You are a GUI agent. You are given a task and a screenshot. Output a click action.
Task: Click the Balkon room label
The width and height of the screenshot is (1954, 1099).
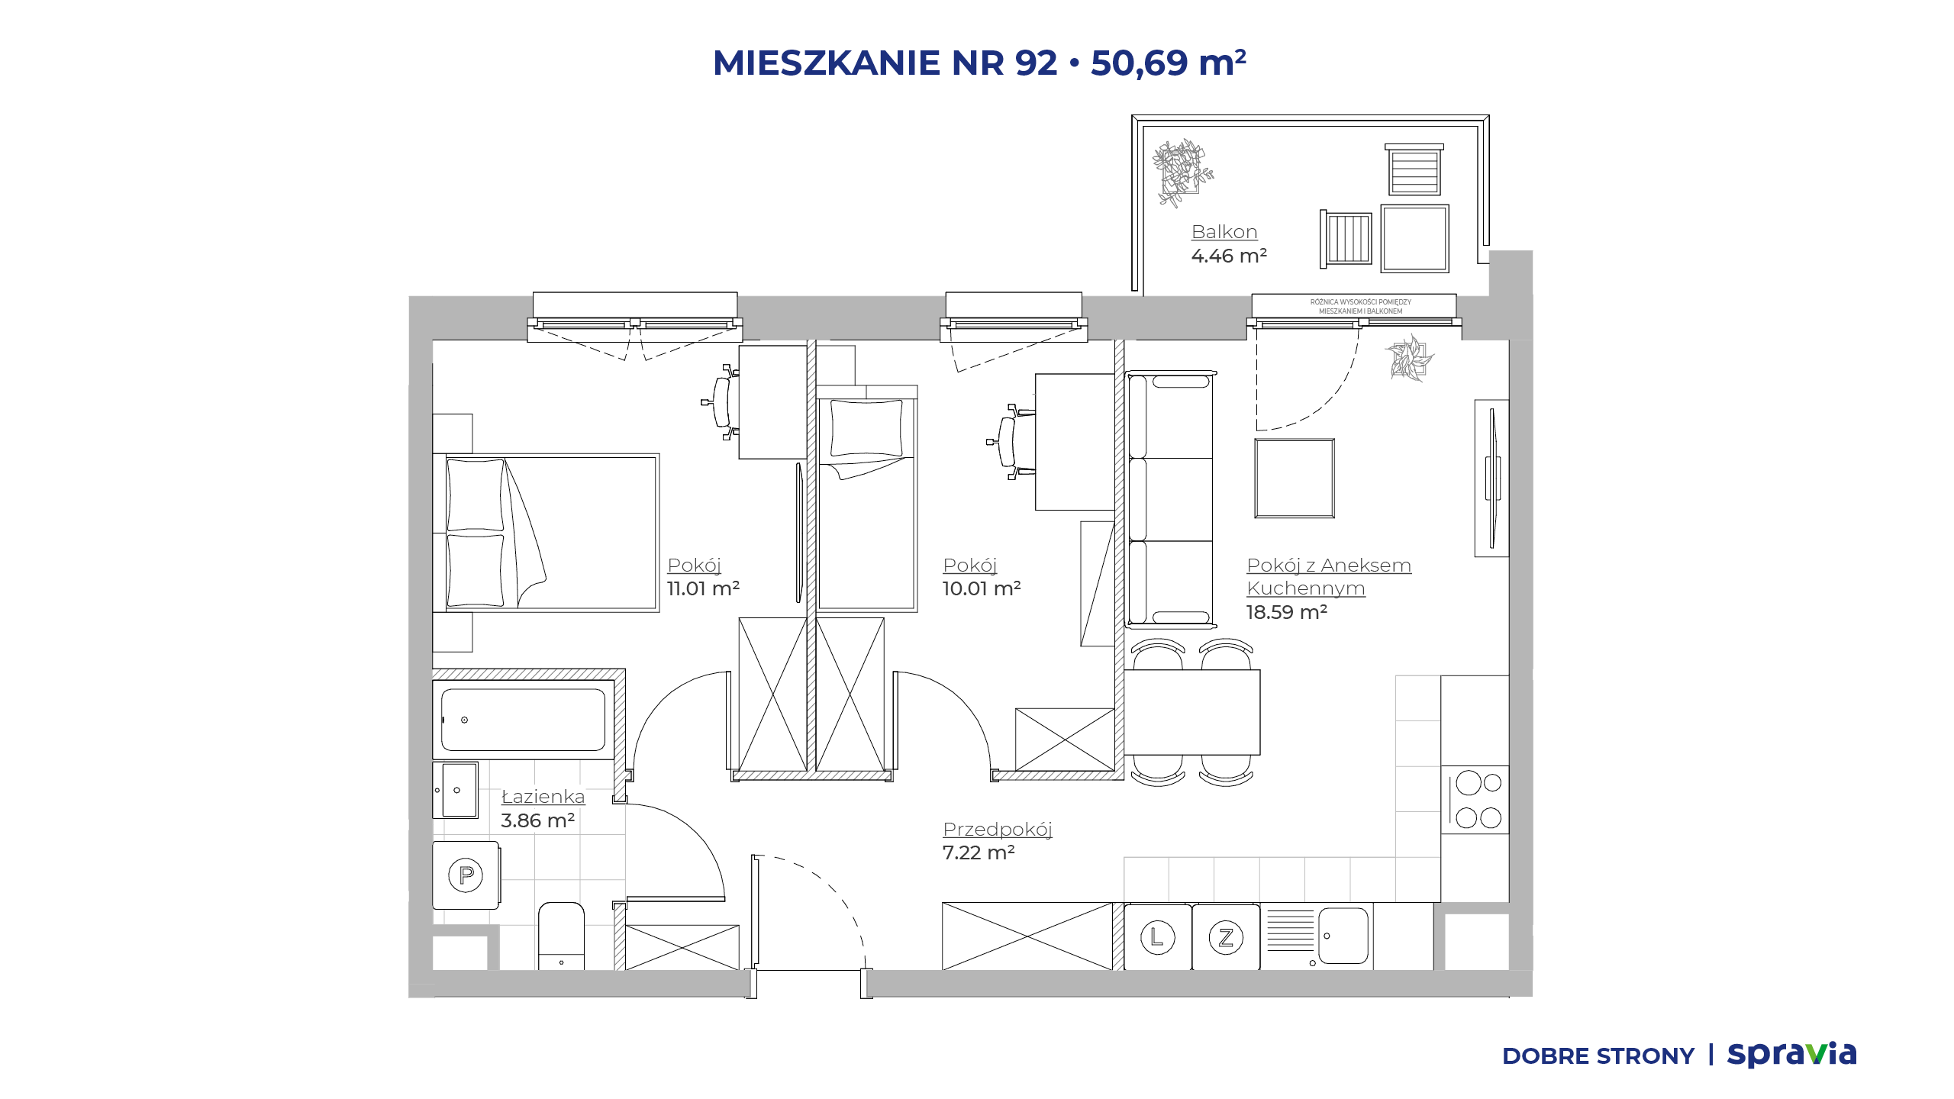(1224, 232)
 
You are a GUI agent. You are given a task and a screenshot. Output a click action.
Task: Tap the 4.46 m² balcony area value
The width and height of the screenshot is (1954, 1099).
(1229, 256)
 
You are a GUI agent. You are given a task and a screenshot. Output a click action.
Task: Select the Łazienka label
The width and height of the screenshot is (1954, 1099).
(543, 796)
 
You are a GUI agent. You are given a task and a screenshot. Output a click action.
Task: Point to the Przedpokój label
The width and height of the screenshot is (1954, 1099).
(998, 830)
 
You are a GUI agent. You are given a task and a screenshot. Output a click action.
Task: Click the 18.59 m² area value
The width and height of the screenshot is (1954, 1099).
(1287, 612)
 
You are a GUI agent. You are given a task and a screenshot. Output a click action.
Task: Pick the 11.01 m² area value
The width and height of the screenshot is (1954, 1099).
(703, 588)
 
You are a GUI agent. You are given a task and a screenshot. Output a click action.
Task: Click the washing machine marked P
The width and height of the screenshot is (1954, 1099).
(466, 875)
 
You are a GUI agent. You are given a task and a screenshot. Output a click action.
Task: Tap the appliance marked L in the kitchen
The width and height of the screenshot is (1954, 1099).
(1157, 937)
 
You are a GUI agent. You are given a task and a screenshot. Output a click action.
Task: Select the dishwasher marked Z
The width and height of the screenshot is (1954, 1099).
(1226, 937)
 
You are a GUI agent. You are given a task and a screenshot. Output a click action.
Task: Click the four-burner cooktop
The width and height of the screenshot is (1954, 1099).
(1475, 800)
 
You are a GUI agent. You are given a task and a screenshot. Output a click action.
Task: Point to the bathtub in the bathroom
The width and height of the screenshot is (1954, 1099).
(524, 720)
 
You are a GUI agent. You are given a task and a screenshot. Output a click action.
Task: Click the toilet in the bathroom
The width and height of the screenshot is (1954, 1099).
(561, 936)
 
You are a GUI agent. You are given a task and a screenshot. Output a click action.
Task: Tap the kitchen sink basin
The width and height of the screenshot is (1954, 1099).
(1343, 936)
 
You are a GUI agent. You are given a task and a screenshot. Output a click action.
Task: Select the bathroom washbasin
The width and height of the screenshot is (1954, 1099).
(456, 790)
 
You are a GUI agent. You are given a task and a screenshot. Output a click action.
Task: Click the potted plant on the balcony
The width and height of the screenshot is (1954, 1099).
(1182, 172)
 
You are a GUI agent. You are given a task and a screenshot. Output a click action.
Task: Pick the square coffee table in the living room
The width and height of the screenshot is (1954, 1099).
(1295, 479)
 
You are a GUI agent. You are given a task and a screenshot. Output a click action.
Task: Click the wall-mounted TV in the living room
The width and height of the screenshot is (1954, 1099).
(1493, 479)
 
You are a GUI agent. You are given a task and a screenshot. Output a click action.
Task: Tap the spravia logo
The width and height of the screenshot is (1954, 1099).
(1791, 1054)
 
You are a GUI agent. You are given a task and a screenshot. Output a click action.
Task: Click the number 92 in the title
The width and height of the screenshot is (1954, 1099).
(1036, 63)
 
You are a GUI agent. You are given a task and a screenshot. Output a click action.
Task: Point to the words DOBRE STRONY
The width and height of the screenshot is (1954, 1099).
(1598, 1056)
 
